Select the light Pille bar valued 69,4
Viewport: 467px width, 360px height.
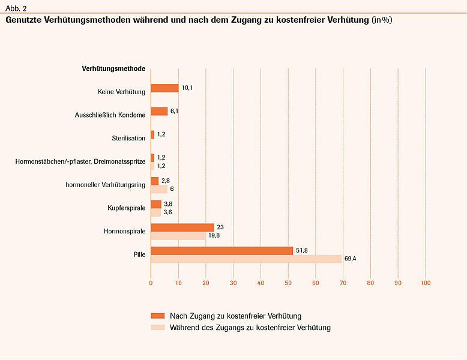click(x=246, y=259)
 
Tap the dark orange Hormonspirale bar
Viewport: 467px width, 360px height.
click(x=182, y=227)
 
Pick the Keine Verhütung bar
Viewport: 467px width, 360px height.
click(x=164, y=88)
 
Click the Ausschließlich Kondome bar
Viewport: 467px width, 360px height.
click(x=159, y=111)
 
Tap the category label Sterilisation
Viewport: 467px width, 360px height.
click(x=128, y=138)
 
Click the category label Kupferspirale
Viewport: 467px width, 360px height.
click(x=125, y=208)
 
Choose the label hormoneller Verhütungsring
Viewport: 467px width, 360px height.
click(x=105, y=185)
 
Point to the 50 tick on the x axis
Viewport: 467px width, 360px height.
click(x=288, y=283)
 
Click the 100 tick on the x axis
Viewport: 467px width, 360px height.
click(x=426, y=283)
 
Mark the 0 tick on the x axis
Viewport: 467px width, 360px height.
click(x=151, y=283)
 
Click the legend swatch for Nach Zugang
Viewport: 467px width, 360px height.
click(x=157, y=316)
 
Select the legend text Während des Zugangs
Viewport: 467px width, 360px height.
click(x=250, y=328)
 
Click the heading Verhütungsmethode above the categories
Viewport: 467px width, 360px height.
click(x=113, y=68)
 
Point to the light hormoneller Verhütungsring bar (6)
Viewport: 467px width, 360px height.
click(x=159, y=189)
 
